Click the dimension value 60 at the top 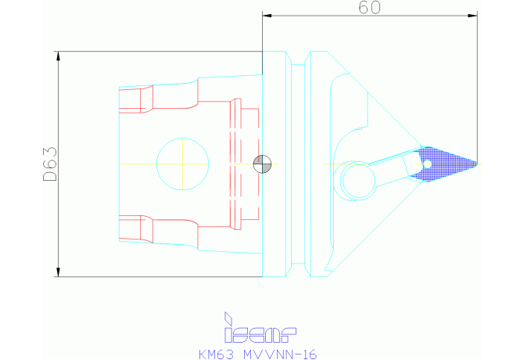pyautogui.click(x=369, y=8)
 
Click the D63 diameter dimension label pyautogui.click(x=50, y=164)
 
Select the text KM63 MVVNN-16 pyautogui.click(x=257, y=355)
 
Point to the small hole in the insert pyautogui.click(x=427, y=164)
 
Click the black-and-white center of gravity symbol pyautogui.click(x=262, y=164)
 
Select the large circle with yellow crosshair pyautogui.click(x=183, y=164)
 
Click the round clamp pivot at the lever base pyautogui.click(x=358, y=181)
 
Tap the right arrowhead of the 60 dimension pyautogui.click(x=473, y=16)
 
